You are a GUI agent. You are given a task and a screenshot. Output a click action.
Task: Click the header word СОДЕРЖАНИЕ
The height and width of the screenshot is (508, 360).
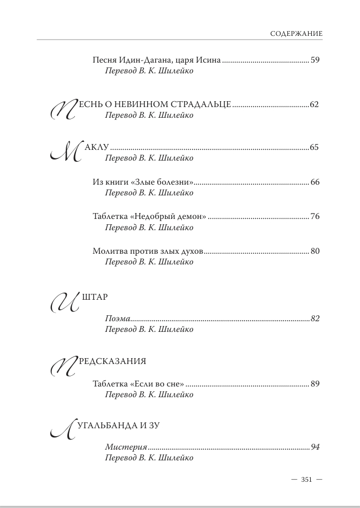tap(296, 33)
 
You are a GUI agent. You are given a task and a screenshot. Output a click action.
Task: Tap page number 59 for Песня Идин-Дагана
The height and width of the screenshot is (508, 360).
tap(315, 60)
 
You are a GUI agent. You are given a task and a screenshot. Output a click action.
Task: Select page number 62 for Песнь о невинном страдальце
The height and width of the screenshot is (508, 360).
tap(315, 104)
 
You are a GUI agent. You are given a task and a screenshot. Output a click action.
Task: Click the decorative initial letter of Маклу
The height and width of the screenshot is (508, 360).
tap(65, 153)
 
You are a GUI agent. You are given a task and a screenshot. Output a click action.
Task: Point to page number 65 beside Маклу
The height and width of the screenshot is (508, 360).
tap(315, 147)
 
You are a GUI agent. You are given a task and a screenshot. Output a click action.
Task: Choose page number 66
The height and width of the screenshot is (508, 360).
tap(315, 182)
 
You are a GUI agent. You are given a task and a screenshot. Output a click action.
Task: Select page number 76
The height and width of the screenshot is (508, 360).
tap(315, 217)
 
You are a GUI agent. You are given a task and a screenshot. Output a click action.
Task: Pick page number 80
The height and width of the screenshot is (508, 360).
tap(315, 251)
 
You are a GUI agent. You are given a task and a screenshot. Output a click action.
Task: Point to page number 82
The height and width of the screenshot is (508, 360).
tap(315, 319)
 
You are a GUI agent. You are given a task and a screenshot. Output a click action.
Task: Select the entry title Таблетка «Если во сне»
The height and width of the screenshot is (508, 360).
tap(139, 384)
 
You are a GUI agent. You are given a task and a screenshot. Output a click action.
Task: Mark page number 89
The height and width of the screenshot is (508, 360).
tap(315, 384)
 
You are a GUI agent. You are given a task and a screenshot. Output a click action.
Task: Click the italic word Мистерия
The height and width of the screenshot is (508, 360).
tap(126, 447)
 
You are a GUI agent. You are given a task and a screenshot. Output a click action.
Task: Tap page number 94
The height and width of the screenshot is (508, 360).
tap(315, 447)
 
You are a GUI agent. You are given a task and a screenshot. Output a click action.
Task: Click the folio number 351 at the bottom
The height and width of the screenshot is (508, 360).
tap(307, 480)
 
